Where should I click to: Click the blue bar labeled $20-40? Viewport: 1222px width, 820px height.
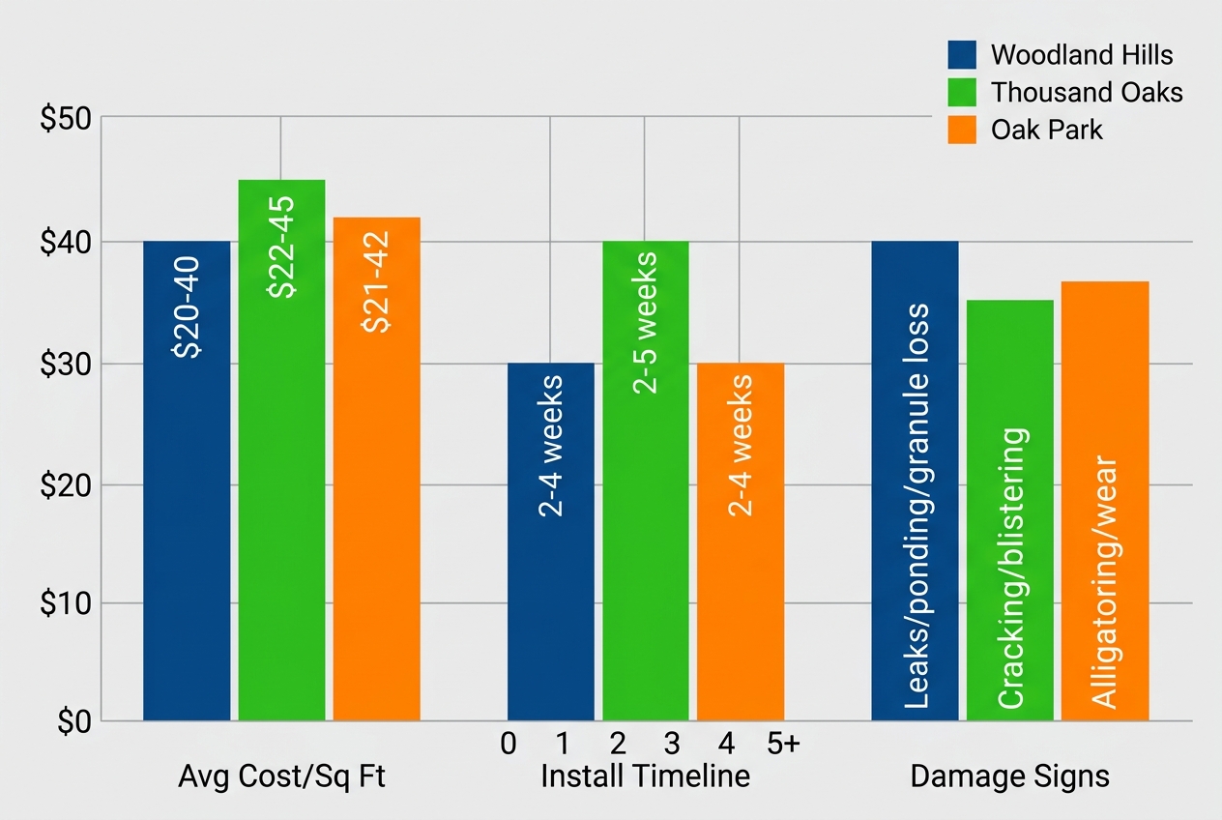187,481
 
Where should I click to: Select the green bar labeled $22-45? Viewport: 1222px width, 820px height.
281,450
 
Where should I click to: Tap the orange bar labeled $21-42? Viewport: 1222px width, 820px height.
376,469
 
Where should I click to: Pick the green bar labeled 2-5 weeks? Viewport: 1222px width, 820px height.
646,481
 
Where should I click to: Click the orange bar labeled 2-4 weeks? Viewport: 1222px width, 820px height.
741,542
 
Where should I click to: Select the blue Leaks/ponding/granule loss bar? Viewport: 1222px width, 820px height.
915,481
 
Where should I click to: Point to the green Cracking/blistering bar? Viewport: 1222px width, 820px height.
1009,510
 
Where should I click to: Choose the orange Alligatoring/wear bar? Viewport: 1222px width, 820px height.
1105,501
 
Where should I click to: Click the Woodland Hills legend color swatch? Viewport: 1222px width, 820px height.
964,54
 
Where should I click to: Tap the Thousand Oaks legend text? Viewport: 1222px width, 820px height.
1087,92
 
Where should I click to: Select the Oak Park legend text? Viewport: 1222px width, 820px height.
1046,130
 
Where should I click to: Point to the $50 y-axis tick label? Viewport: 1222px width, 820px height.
65,120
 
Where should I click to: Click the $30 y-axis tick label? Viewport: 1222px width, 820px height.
65,365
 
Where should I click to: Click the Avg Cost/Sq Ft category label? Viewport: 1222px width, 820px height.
281,776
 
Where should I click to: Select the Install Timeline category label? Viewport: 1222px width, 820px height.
645,776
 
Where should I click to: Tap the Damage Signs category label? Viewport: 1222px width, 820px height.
1009,776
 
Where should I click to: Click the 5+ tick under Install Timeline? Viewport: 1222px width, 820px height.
783,744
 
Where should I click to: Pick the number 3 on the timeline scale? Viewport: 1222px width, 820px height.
672,744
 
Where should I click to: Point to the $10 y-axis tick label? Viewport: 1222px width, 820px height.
65,603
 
